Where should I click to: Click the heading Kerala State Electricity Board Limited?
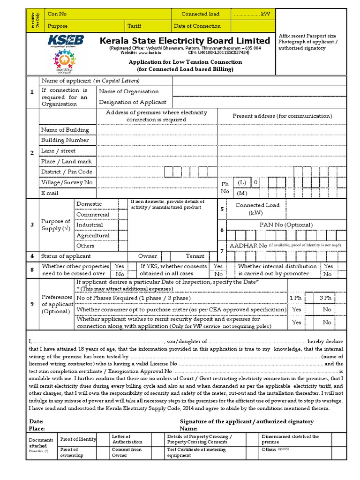[185, 41]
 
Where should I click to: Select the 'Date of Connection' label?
[197, 26]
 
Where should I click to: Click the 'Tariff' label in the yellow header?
[134, 26]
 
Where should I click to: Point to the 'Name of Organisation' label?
[129, 91]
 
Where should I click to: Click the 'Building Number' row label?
[65, 140]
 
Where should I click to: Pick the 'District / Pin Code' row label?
[67, 172]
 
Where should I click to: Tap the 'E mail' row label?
[50, 193]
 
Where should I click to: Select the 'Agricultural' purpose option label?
[93, 235]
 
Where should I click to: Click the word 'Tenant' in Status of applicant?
[195, 256]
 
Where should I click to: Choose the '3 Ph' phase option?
[325, 298]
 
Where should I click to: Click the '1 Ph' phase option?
[296, 298]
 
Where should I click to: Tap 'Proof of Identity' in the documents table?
[78, 439]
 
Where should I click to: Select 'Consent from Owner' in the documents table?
[127, 452]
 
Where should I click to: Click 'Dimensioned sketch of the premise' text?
[290, 439]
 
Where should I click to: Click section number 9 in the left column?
[32, 304]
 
